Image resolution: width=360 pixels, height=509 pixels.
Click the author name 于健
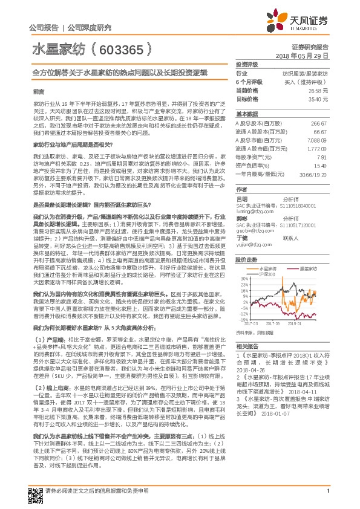(241, 238)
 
